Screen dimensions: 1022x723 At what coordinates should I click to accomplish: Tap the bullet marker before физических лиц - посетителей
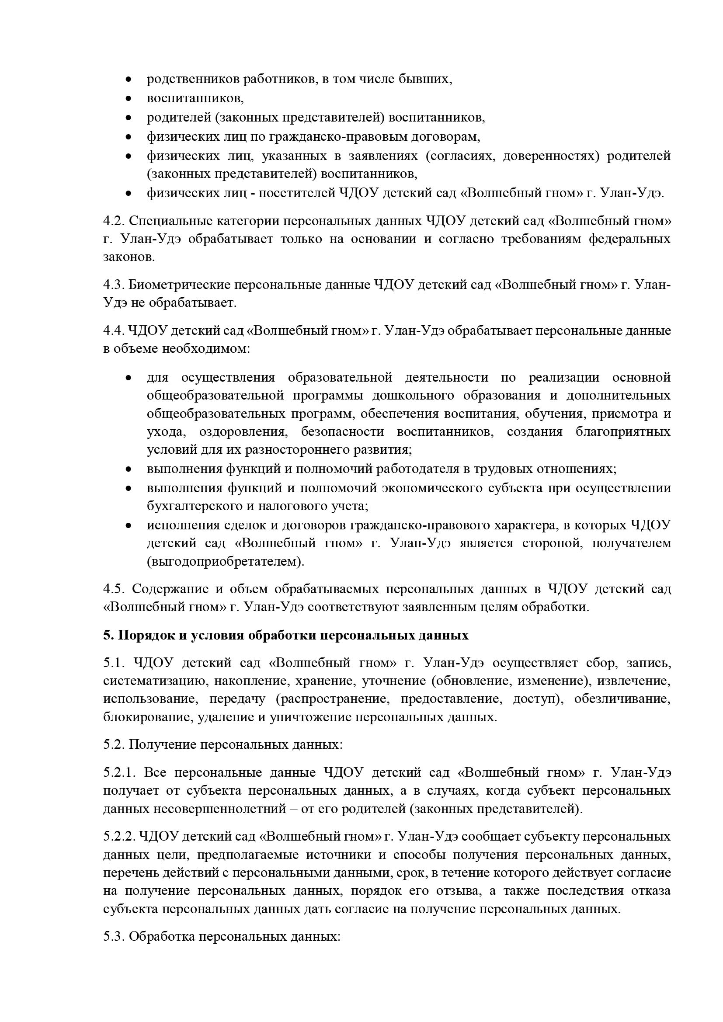pos(129,194)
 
